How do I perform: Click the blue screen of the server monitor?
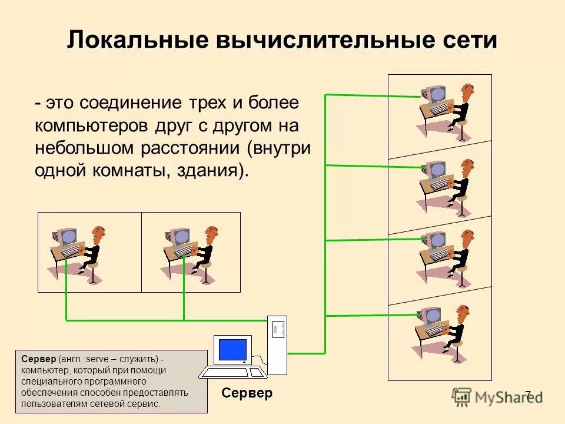232,350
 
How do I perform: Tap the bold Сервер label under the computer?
247,393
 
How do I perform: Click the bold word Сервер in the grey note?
38,359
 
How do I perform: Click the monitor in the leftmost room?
67,235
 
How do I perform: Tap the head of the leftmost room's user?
101,234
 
